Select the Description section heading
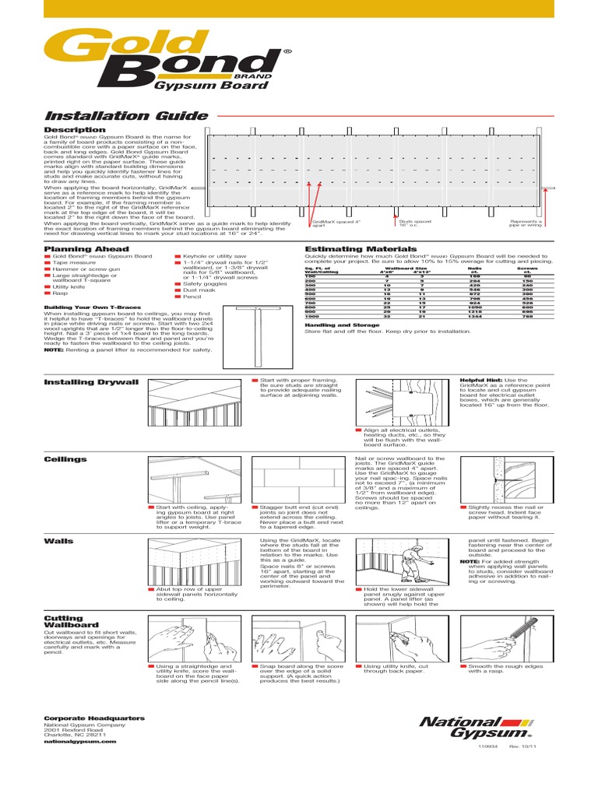click(75, 130)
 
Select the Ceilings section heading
click(65, 459)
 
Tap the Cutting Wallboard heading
click(71, 621)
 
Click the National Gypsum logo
click(474, 728)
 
